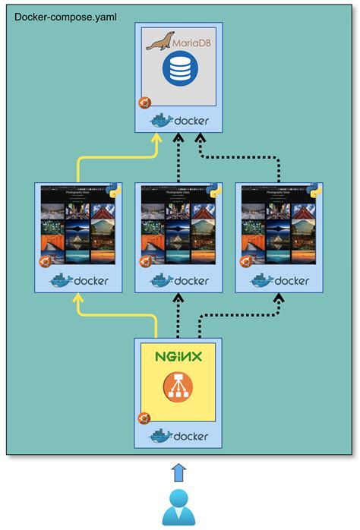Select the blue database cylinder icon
[x=179, y=74]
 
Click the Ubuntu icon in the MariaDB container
[x=144, y=103]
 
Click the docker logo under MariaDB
[x=179, y=121]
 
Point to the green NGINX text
[x=179, y=355]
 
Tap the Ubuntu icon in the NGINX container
[x=144, y=418]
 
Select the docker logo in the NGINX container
[x=179, y=436]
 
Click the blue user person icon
[x=179, y=506]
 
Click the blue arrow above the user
[x=179, y=472]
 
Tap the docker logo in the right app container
[x=279, y=282]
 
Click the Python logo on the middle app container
[x=216, y=190]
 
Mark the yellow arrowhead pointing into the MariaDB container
[x=157, y=138]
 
